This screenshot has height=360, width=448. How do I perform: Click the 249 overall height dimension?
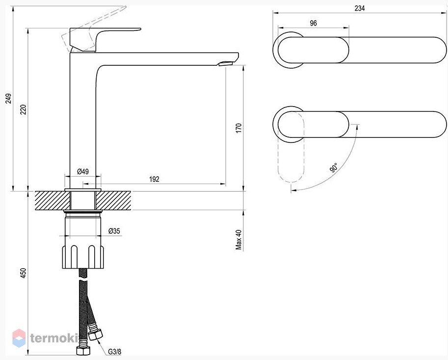(x=8, y=98)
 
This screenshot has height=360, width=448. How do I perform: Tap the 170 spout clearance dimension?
(x=238, y=128)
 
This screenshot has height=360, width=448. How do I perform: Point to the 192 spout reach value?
(x=154, y=179)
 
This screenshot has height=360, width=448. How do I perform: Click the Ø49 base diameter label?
(x=83, y=171)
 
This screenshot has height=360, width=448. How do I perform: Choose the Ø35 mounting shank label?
(x=114, y=231)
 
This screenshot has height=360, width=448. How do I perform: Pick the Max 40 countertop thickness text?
(x=238, y=240)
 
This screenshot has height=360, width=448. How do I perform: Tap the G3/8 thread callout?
(x=114, y=352)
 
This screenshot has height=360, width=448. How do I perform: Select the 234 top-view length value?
(x=359, y=8)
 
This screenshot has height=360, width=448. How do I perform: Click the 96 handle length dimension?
(x=314, y=23)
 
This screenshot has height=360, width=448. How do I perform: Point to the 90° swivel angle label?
(x=334, y=167)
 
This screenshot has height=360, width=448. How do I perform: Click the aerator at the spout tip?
(x=225, y=63)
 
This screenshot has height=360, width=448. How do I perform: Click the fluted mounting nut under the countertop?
(x=83, y=257)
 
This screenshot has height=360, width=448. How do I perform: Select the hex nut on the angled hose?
(x=95, y=334)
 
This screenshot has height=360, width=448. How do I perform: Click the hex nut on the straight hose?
(x=83, y=350)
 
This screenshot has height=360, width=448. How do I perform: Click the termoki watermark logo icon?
(x=19, y=338)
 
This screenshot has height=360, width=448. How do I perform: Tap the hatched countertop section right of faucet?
(x=113, y=200)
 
